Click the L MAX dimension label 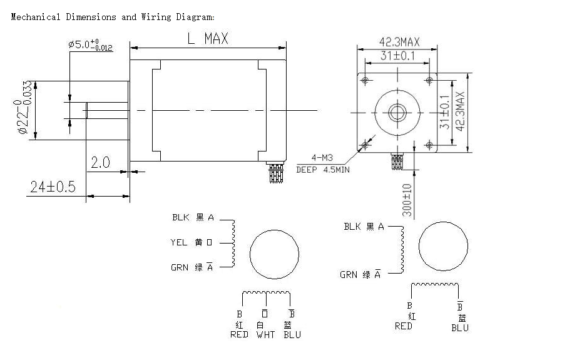[208, 39]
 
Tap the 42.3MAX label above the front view [399, 42]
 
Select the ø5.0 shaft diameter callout [90, 45]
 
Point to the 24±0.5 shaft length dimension [52, 187]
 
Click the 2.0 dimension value [100, 163]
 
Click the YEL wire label [179, 242]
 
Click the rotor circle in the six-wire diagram [275, 254]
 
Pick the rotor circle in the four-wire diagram [442, 246]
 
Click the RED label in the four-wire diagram [404, 327]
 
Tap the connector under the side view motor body [275, 172]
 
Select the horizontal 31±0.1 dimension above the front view [399, 56]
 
